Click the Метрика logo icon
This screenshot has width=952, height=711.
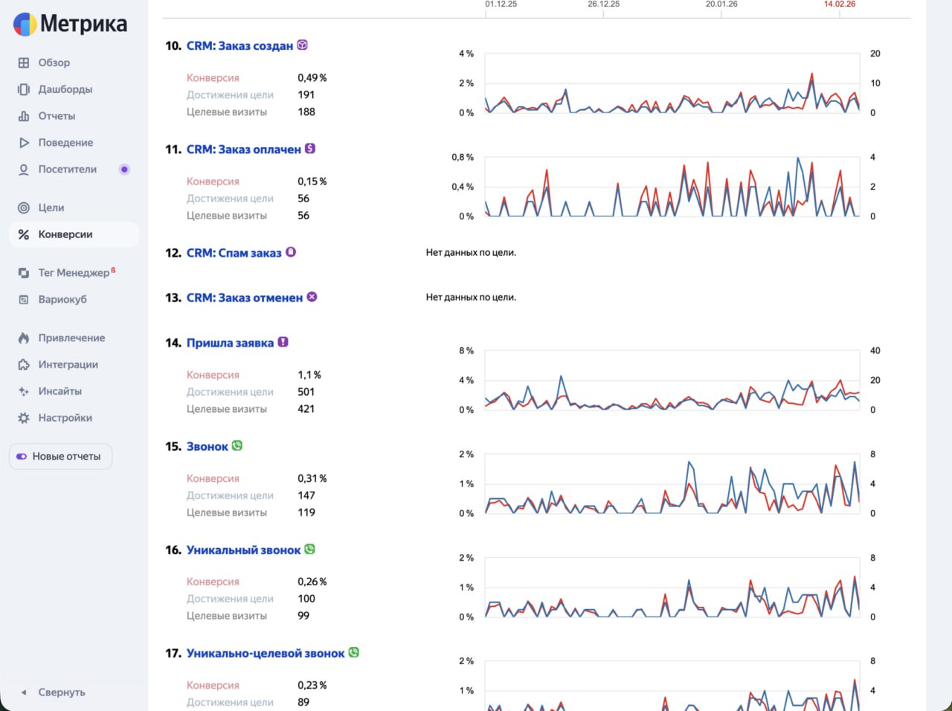[x=25, y=25]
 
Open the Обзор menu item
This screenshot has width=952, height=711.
[x=54, y=63]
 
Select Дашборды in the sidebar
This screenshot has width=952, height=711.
[x=65, y=89]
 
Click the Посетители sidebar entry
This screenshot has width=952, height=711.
[x=67, y=170]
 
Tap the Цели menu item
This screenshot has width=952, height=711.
[x=51, y=208]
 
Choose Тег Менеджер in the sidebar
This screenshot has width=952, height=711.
[x=74, y=273]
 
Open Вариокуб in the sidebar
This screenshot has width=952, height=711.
[x=62, y=300]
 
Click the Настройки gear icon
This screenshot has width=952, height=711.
[x=24, y=418]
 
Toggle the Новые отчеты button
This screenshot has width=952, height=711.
[x=61, y=457]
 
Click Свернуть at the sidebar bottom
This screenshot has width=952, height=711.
[x=61, y=692]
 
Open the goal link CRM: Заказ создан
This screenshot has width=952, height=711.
[x=239, y=46]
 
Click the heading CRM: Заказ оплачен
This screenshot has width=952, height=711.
[x=243, y=149]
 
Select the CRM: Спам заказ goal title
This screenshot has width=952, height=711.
[x=234, y=254]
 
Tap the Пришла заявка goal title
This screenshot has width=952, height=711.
[x=230, y=343]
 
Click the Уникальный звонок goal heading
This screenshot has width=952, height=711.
[x=243, y=550]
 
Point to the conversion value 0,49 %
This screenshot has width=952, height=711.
[x=312, y=78]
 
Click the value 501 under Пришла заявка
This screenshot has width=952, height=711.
[x=306, y=392]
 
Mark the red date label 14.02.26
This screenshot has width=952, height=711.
[x=839, y=4]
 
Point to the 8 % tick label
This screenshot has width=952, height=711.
[x=466, y=351]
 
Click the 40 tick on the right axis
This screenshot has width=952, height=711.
[x=875, y=351]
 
